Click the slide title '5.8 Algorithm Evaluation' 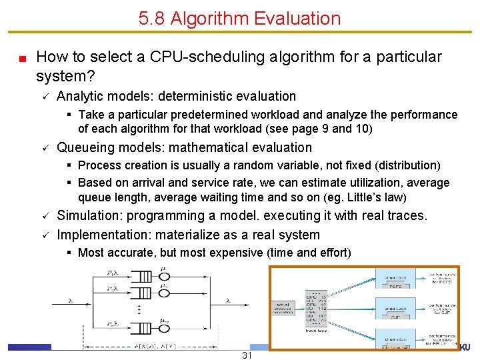coord(240,18)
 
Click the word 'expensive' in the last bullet coord(251,253)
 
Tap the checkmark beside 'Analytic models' coord(43,97)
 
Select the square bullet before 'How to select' coord(22,58)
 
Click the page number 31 coord(247,355)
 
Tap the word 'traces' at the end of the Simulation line coord(407,215)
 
